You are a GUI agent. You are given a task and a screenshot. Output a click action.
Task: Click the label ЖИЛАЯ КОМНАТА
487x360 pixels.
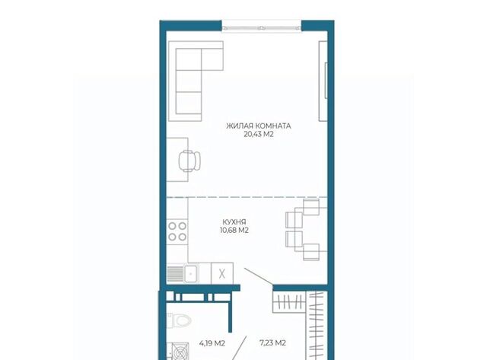(259, 126)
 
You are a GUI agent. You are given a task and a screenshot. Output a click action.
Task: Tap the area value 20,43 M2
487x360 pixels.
(259, 135)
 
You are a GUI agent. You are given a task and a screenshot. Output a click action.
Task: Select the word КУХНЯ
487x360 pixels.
(234, 222)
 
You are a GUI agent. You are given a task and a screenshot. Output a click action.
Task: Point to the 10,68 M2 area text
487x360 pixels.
(234, 231)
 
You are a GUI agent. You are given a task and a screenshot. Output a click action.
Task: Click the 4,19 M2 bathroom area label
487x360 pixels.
(212, 343)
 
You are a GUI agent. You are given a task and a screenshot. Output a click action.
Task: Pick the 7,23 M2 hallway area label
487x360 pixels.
(272, 343)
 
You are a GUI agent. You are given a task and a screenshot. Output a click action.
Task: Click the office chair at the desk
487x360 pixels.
(189, 161)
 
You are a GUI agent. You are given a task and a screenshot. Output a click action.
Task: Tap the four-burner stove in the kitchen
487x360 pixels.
(177, 231)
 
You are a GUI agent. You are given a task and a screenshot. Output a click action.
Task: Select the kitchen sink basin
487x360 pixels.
(191, 274)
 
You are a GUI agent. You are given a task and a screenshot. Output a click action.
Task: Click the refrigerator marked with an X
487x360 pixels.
(221, 273)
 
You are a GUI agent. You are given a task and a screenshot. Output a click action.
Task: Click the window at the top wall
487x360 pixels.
(262, 26)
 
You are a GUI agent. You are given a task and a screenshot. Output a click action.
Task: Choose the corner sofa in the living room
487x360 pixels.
(196, 81)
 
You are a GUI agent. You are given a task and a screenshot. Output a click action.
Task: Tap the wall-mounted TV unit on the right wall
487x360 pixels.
(323, 81)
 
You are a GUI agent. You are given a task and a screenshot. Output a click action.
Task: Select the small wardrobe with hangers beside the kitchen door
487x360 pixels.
(289, 301)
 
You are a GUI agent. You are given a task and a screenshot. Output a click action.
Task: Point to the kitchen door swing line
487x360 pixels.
(259, 276)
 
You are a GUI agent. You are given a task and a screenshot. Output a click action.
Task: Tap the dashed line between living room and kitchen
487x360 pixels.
(247, 197)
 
